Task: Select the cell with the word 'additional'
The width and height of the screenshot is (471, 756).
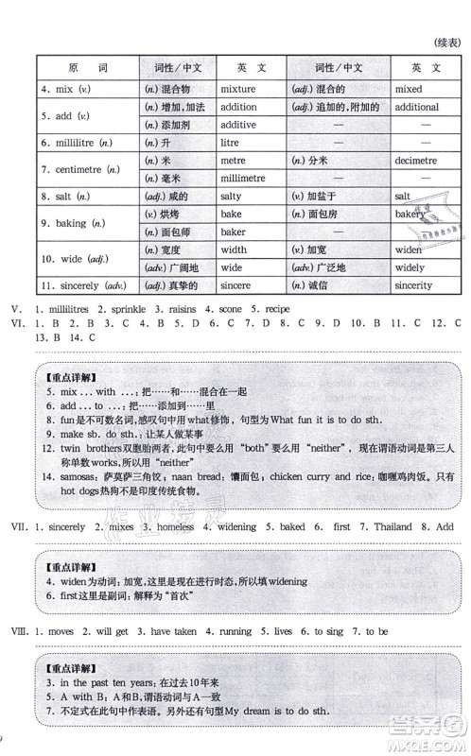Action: (x=418, y=107)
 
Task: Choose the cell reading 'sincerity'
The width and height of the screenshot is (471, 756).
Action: (x=418, y=285)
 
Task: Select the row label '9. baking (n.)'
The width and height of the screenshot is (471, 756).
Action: (x=68, y=223)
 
